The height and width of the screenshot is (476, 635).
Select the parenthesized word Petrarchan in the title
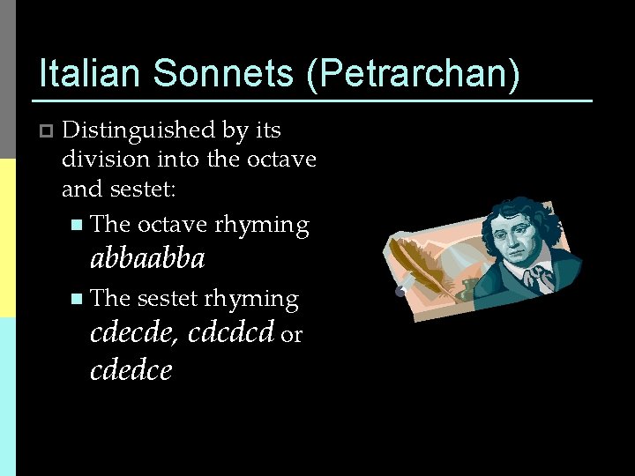point(413,74)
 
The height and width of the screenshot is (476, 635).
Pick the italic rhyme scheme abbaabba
point(147,258)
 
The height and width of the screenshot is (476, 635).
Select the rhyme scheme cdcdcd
point(230,334)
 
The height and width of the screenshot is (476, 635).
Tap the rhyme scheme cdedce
point(131,370)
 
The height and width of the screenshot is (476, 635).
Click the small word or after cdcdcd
point(292,336)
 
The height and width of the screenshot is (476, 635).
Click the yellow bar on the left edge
point(7,238)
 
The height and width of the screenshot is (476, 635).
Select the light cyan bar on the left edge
point(7,397)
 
